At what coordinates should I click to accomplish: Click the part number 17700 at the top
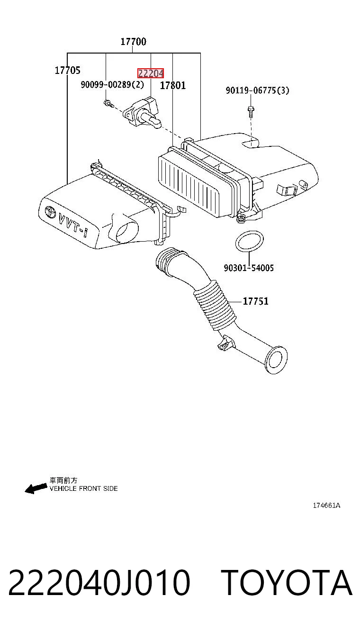(134, 42)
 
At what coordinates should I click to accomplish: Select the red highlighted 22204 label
(151, 73)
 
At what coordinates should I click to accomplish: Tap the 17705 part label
(67, 70)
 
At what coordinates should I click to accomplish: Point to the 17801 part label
(173, 85)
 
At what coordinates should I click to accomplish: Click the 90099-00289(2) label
(112, 84)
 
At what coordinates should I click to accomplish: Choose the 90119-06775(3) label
(257, 90)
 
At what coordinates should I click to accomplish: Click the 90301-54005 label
(249, 268)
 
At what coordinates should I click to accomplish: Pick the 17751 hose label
(255, 301)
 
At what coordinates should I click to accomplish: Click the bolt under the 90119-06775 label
(251, 111)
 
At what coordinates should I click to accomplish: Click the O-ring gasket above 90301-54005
(250, 241)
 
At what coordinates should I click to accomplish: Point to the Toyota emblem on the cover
(51, 212)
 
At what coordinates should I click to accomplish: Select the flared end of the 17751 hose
(277, 360)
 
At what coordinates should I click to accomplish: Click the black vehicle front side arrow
(36, 488)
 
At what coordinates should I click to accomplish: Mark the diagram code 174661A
(326, 506)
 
